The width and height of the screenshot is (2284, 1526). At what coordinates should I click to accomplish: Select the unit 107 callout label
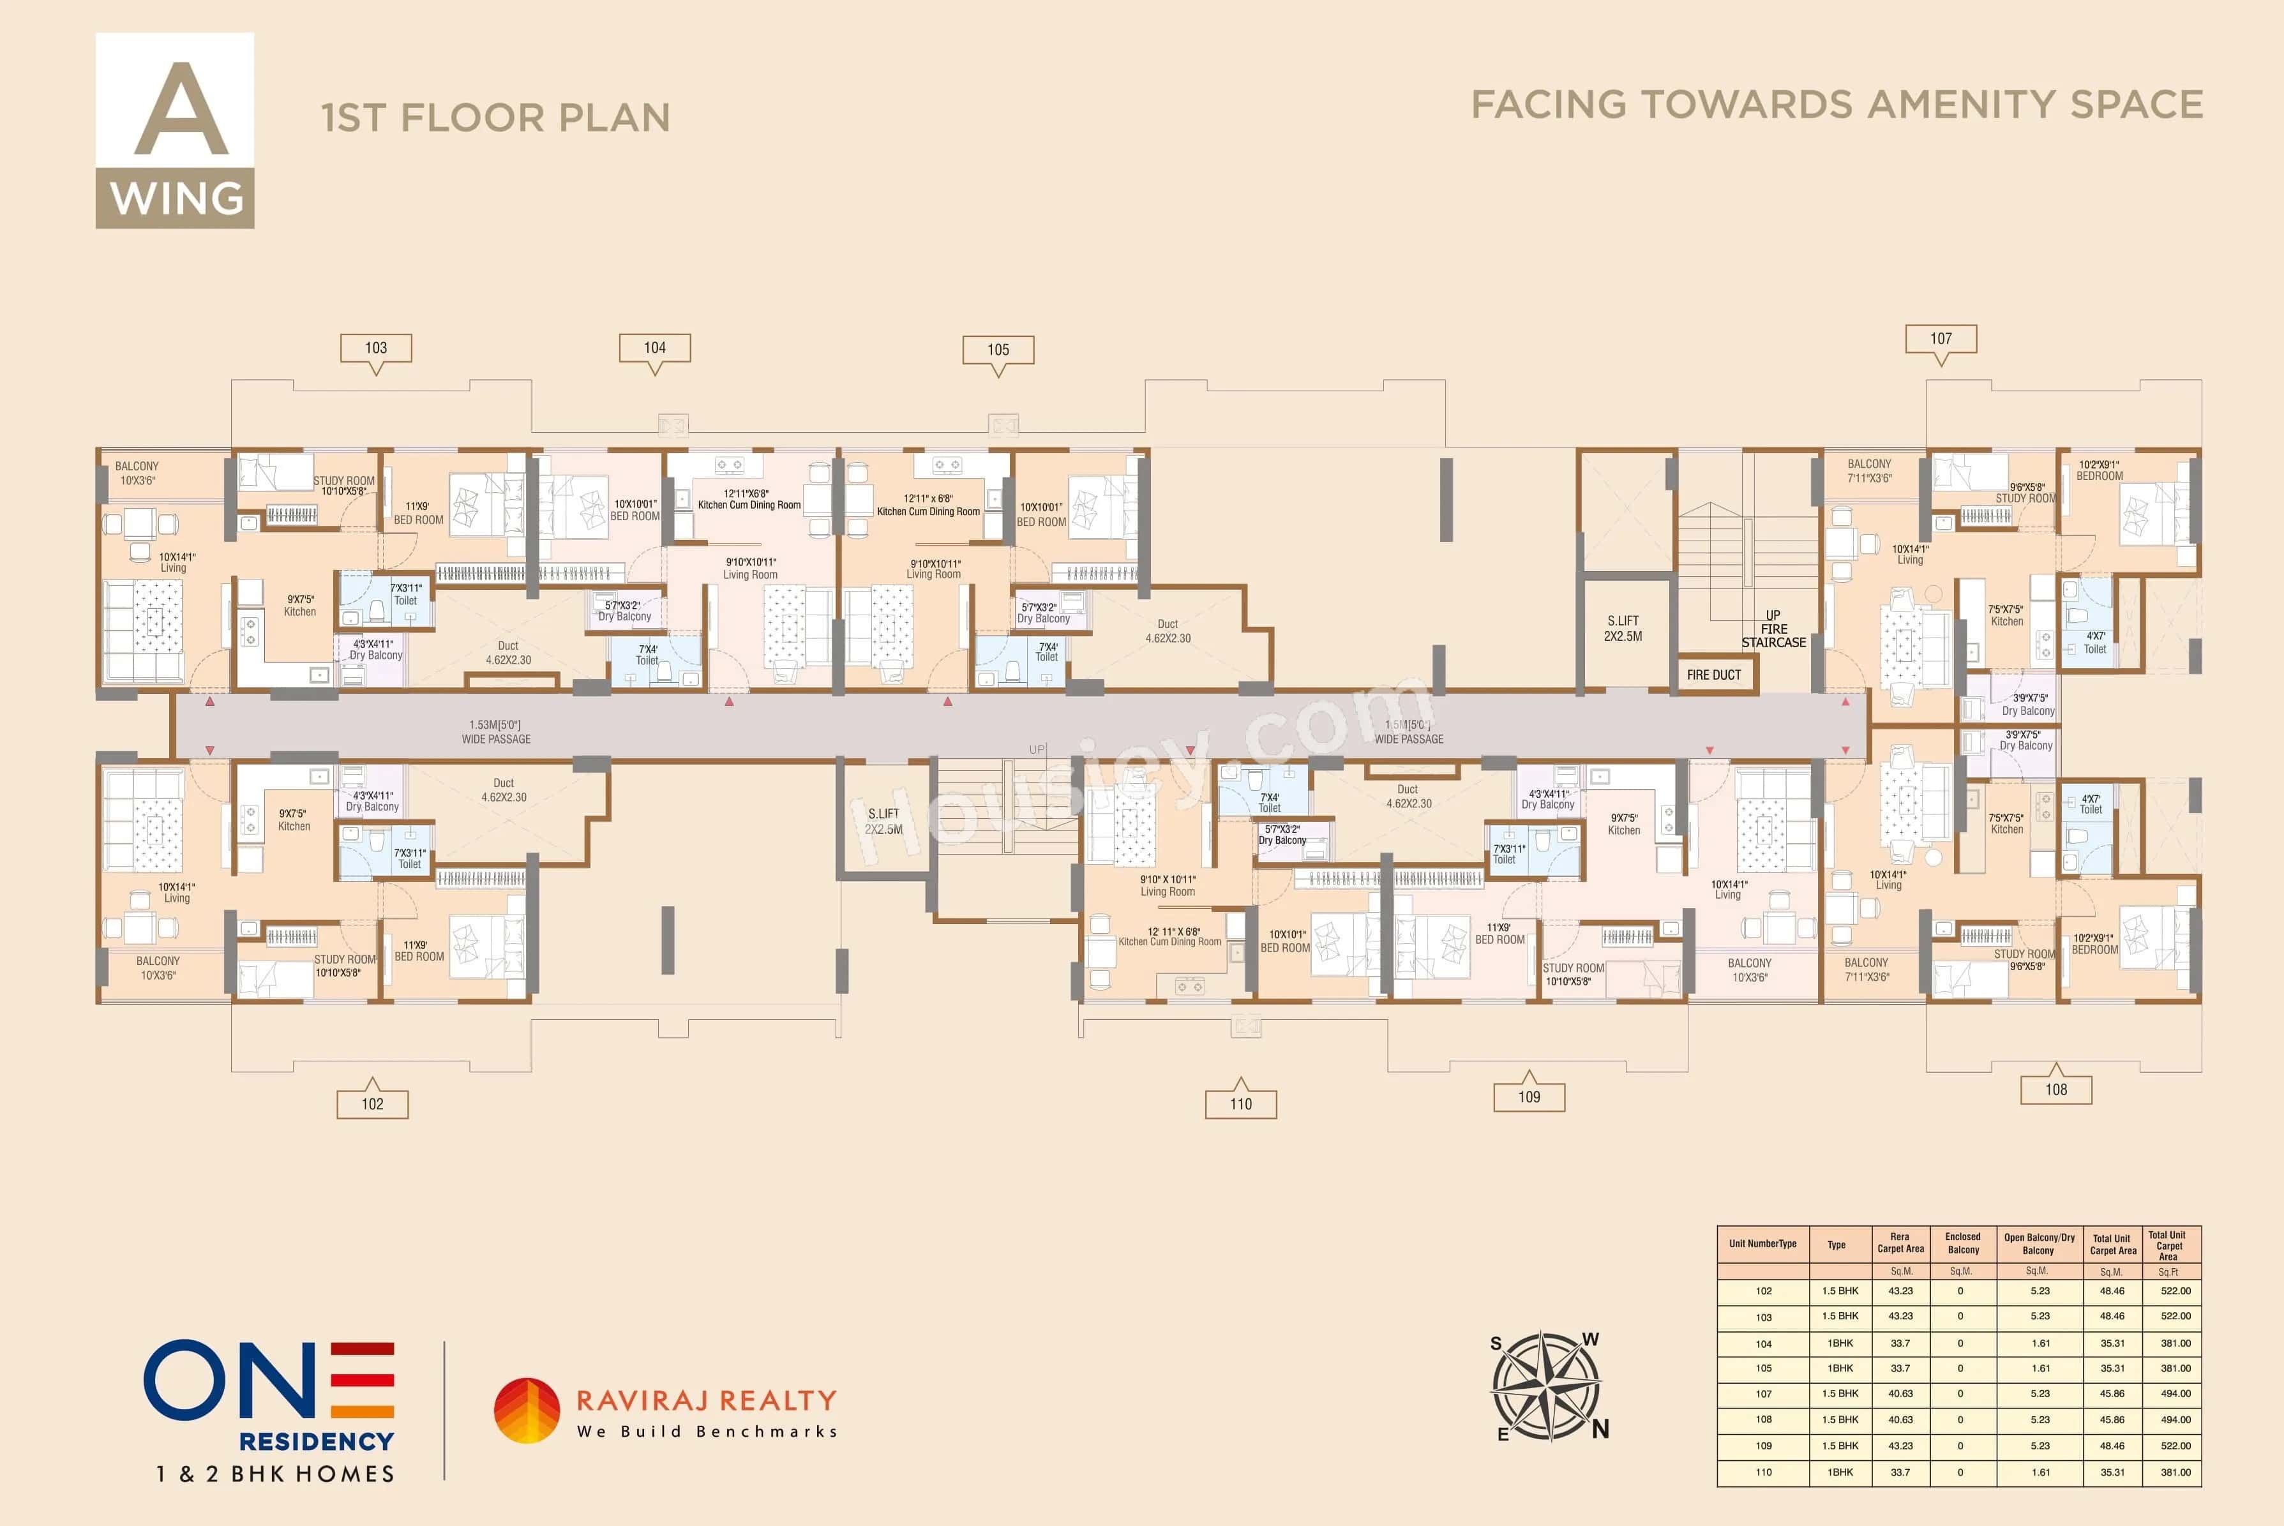click(x=1941, y=339)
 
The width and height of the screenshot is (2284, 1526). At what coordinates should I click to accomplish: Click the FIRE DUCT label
click(x=1714, y=675)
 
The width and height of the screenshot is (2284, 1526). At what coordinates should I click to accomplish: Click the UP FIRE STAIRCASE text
click(x=1773, y=629)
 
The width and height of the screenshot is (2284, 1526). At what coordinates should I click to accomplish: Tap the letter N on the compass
click(x=1600, y=1429)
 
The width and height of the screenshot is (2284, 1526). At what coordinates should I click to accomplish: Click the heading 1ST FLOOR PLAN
click(x=495, y=118)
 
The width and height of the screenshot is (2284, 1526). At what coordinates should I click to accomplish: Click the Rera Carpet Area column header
click(x=1900, y=1243)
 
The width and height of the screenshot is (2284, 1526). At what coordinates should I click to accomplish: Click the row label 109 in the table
click(x=1763, y=1446)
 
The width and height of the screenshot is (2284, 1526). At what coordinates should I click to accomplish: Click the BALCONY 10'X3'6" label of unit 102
click(x=158, y=968)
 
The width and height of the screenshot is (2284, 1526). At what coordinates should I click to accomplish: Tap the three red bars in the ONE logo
click(x=362, y=1380)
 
